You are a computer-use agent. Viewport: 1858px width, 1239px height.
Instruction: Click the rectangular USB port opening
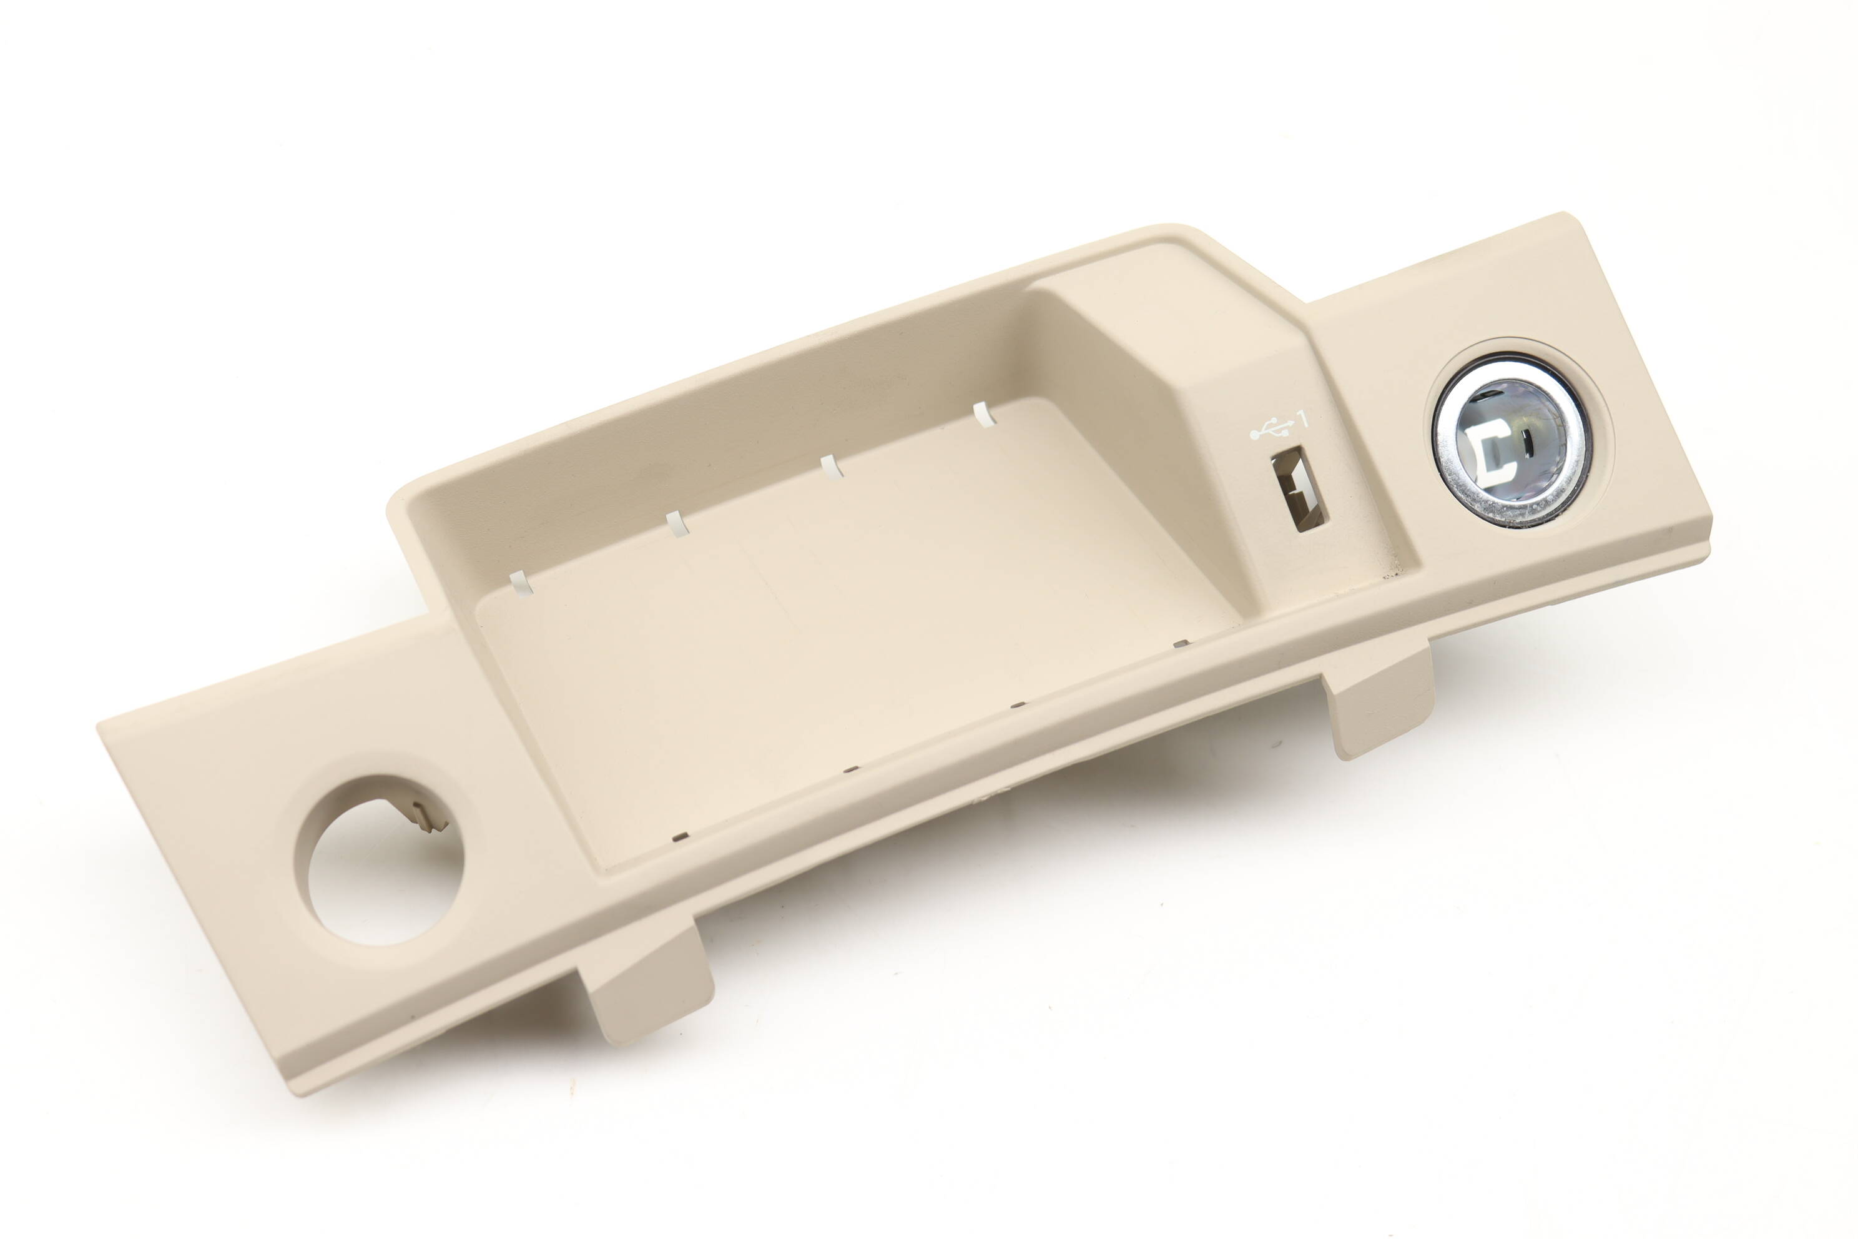1298,489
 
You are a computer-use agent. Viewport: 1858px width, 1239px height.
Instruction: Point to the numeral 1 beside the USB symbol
1302,418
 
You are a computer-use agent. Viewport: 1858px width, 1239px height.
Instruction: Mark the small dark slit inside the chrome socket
1530,443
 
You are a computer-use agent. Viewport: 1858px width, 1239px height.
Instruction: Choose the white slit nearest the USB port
983,414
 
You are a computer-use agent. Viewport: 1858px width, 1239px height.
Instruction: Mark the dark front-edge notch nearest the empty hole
680,836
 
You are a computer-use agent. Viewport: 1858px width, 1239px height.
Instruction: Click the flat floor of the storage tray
830,632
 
